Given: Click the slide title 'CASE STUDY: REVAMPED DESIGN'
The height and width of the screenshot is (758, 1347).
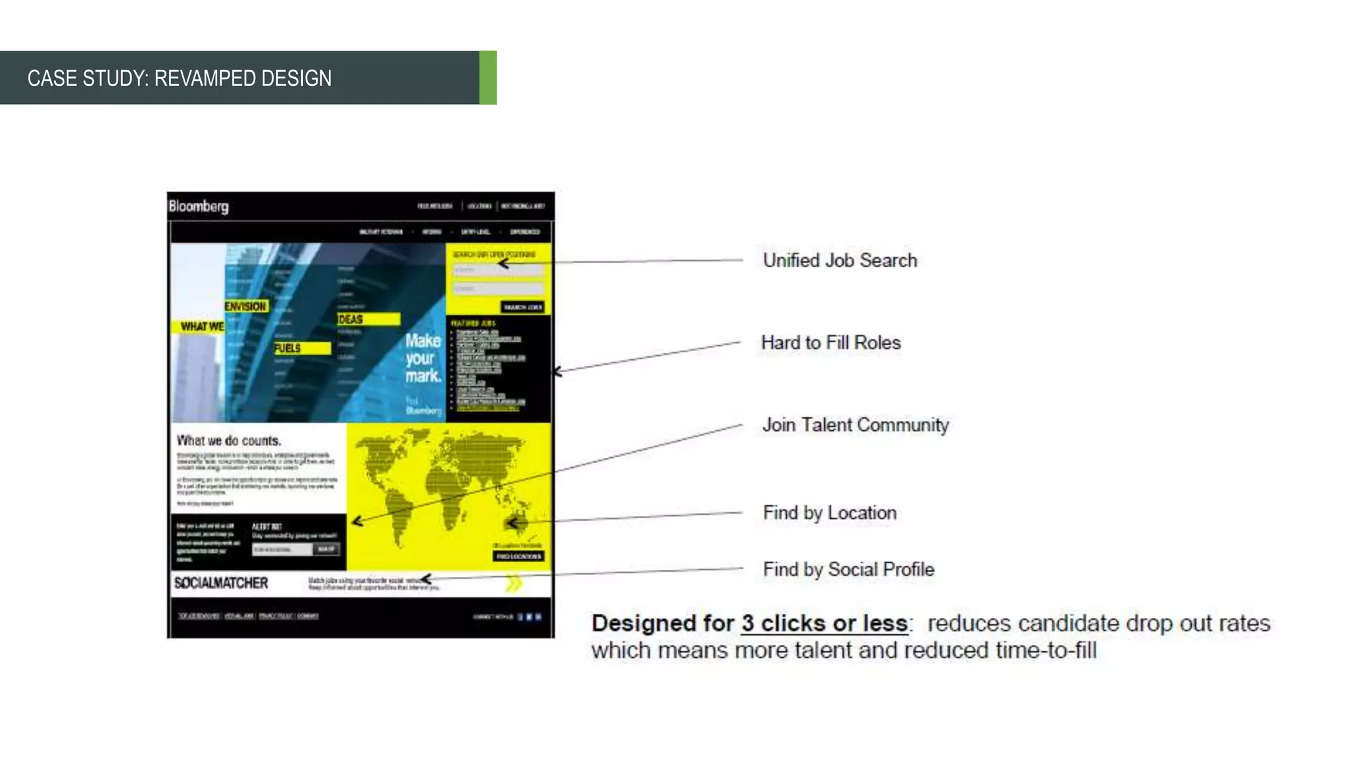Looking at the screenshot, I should tap(179, 78).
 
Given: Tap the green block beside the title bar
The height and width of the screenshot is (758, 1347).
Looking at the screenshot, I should tap(487, 78).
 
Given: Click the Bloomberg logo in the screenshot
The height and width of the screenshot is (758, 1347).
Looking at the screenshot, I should tap(199, 206).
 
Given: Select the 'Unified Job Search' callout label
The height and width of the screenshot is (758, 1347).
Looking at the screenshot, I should tap(839, 261).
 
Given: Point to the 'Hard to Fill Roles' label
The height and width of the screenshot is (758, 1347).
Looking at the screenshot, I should tap(831, 343).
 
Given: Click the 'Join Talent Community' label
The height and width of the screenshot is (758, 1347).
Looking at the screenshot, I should tap(855, 425).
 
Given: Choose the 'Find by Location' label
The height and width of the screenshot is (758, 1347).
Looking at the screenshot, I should tap(829, 513).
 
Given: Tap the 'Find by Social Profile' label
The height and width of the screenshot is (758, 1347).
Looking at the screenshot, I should tap(848, 569).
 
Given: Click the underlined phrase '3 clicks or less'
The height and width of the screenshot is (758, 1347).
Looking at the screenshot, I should tap(824, 623).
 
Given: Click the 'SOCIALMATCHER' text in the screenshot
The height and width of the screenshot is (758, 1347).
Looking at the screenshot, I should tap(221, 583).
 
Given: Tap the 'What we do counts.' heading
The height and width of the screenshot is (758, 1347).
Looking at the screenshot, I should tap(228, 441).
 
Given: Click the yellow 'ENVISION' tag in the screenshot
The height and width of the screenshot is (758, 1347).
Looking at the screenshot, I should tap(245, 307).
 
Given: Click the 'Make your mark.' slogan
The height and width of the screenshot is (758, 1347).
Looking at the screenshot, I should tap(422, 358).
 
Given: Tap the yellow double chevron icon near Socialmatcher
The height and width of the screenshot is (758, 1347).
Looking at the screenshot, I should tap(514, 583).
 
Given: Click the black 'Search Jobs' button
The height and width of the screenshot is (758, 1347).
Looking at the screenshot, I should tap(522, 307).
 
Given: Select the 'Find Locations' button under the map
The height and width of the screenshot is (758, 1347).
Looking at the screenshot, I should tap(518, 557).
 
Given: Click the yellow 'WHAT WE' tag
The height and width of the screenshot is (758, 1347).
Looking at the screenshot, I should tap(199, 326).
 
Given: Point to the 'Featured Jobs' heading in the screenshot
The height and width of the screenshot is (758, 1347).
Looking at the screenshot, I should tap(473, 323).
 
